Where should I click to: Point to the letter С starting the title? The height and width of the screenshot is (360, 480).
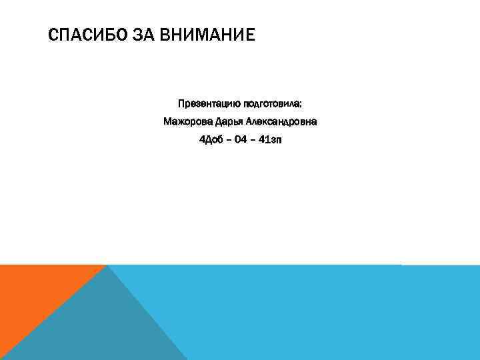(x=53, y=34)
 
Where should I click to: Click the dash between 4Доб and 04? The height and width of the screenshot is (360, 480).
(x=229, y=141)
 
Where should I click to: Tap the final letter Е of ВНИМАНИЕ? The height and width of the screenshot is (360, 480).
(x=251, y=34)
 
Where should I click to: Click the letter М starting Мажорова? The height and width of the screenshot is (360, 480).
(x=168, y=122)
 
